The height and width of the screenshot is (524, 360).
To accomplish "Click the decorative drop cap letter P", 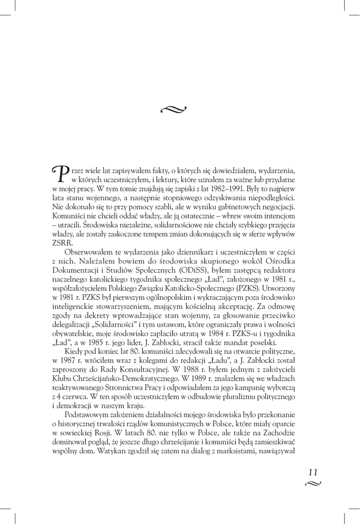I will click(60, 173).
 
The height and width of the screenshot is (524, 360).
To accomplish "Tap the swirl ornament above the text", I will click(174, 108).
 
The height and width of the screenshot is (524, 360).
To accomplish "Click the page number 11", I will click(313, 472).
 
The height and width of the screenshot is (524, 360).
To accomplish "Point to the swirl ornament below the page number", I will click(313, 484).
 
